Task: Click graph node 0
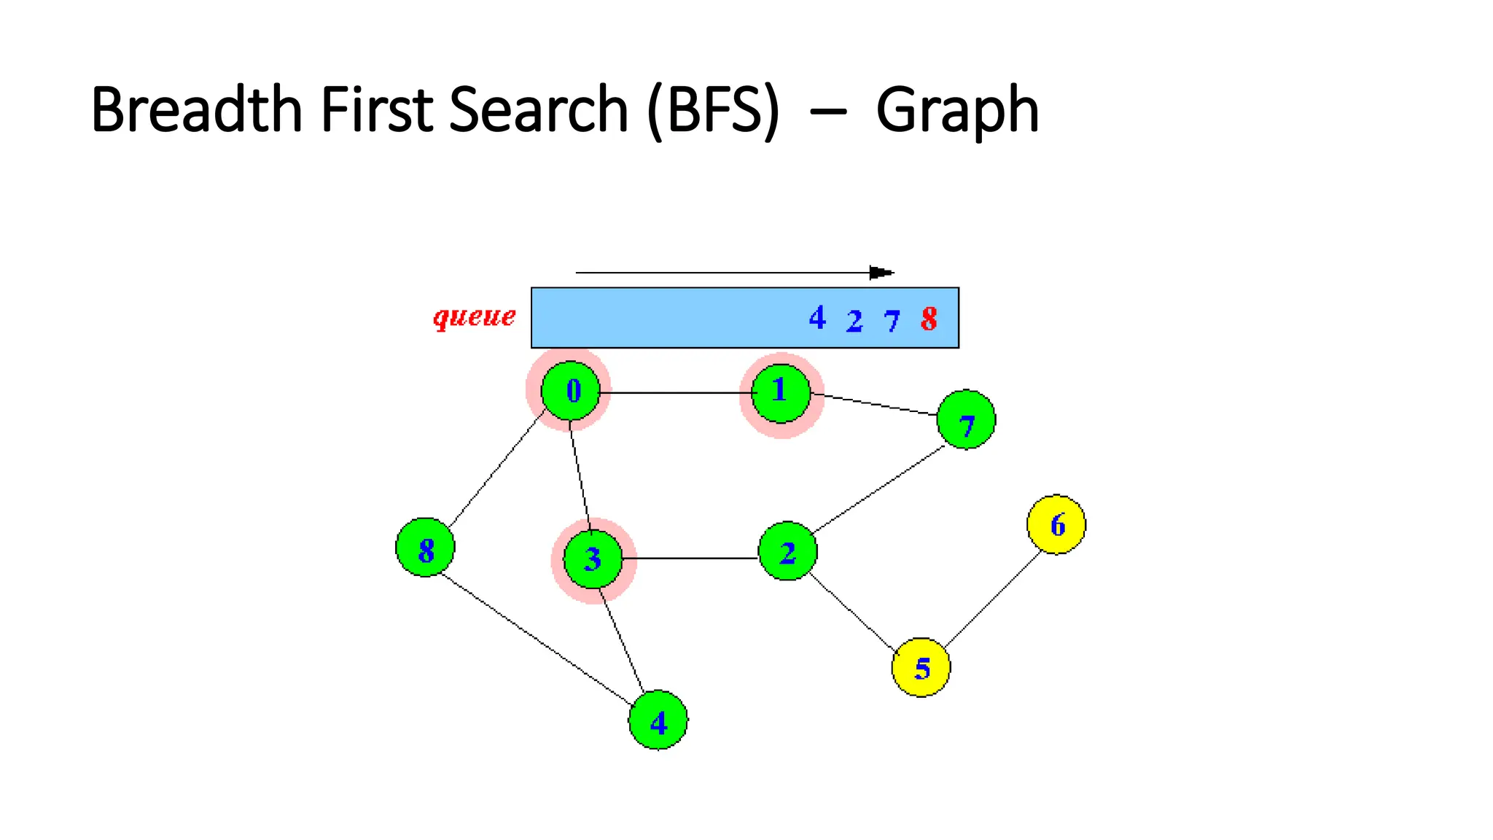[571, 391]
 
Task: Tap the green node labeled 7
[966, 420]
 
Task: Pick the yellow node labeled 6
[1056, 524]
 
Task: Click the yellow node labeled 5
[921, 667]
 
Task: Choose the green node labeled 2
[787, 551]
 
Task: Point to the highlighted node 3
[593, 559]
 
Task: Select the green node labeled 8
[425, 548]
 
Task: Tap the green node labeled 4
[658, 720]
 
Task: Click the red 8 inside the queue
[929, 319]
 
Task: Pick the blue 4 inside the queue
[817, 318]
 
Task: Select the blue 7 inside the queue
[892, 321]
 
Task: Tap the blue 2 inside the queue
[854, 321]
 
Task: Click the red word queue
[475, 317]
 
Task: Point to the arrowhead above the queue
[881, 273]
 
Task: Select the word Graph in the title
[956, 111]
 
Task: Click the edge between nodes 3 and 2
[690, 559]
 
